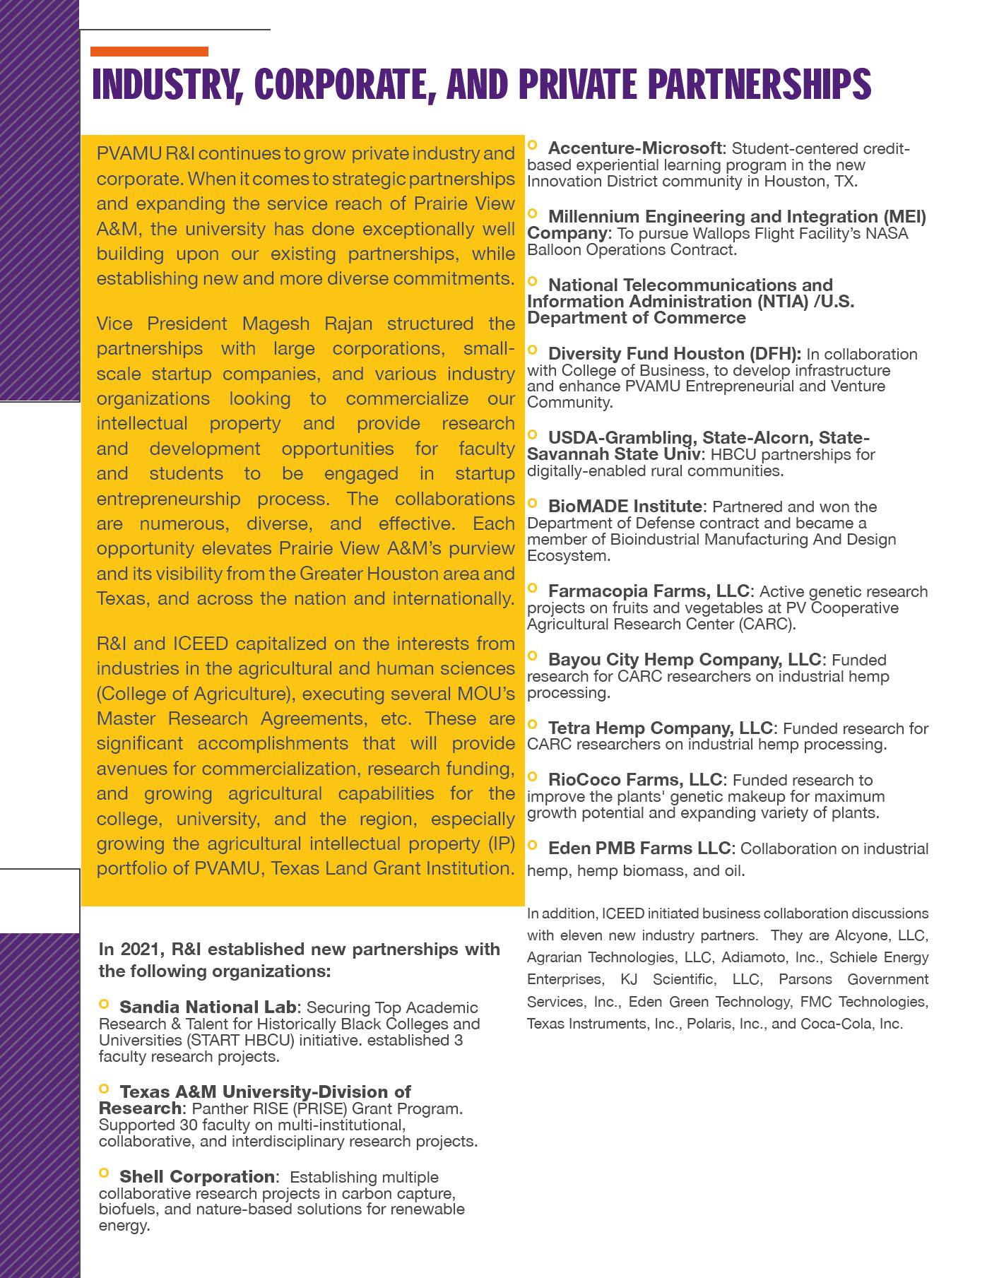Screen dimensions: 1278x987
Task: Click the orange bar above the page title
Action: pyautogui.click(x=149, y=52)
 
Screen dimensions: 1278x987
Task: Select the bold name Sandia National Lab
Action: pyautogui.click(x=209, y=1007)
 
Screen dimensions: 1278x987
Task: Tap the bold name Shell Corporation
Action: pyautogui.click(x=196, y=1176)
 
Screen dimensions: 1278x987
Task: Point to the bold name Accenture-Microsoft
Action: pyautogui.click(x=634, y=148)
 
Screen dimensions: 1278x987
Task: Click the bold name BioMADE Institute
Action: pyautogui.click(x=625, y=507)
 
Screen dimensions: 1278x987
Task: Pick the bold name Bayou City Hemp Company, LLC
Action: pyautogui.click(x=685, y=659)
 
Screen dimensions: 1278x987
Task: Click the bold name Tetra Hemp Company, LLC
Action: pyautogui.click(x=661, y=728)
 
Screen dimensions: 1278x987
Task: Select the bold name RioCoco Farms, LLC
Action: pyautogui.click(x=634, y=779)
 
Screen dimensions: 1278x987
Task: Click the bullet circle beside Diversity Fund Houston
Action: pyautogui.click(x=533, y=350)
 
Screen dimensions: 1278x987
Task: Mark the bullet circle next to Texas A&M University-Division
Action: pyautogui.click(x=105, y=1089)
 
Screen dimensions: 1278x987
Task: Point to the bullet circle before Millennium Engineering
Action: pyautogui.click(x=533, y=213)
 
